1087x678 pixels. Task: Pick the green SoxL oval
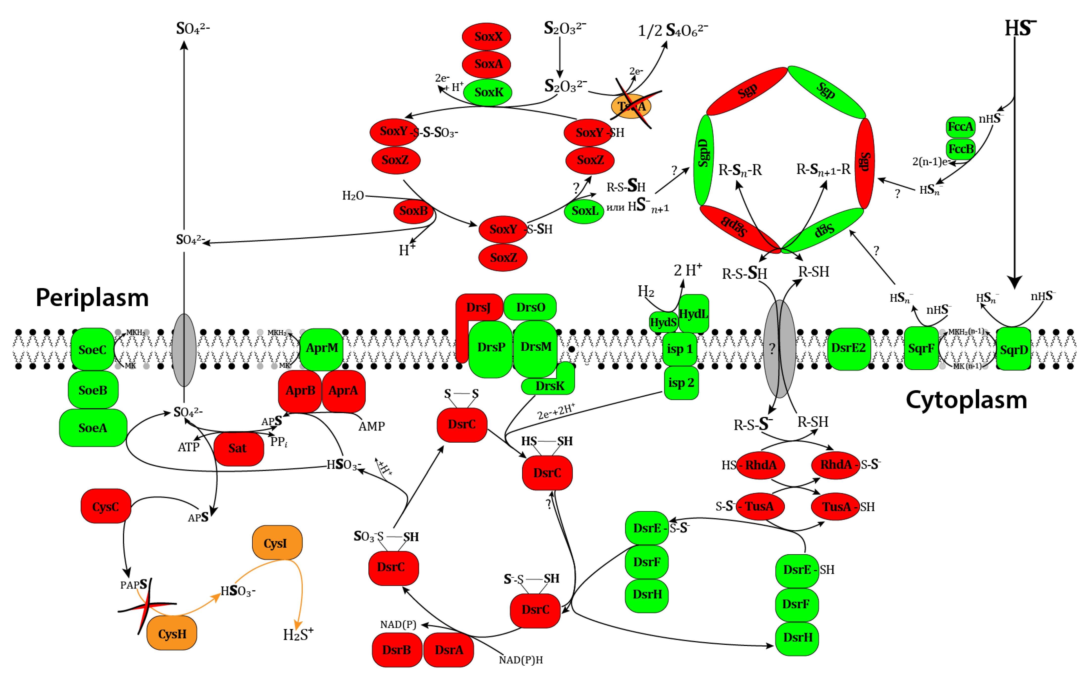click(584, 211)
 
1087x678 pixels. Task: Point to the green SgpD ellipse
click(703, 160)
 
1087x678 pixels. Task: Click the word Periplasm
click(92, 298)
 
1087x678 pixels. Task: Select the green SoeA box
click(93, 428)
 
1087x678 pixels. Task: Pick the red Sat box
click(238, 448)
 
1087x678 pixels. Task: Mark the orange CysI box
click(277, 543)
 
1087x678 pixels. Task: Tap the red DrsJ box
click(478, 308)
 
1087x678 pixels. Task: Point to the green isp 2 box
click(681, 383)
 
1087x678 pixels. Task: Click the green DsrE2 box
click(848, 348)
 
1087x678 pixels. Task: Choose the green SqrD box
click(1014, 349)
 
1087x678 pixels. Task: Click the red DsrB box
click(397, 650)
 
